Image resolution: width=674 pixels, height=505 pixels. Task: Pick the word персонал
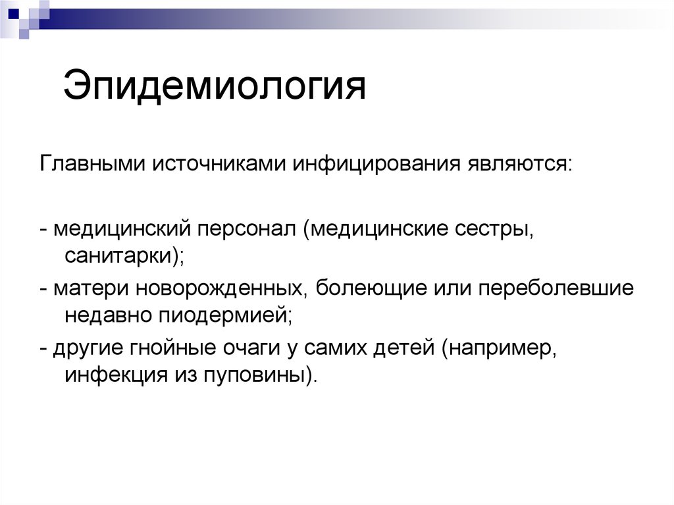pos(246,231)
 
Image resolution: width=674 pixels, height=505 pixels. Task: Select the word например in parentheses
pos(502,348)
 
